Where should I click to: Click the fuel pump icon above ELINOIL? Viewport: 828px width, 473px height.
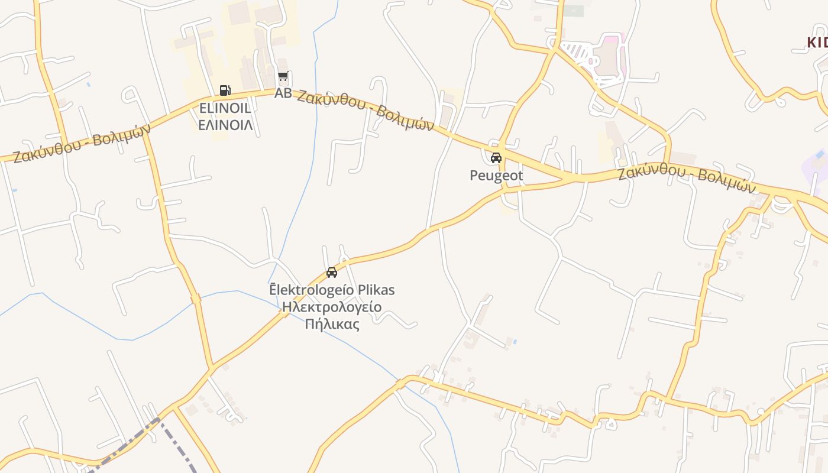tap(225, 90)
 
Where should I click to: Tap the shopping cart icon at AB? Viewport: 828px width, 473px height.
tap(283, 77)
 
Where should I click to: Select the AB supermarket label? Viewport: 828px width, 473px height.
tap(283, 93)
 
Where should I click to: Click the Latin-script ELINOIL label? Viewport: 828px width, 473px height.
tap(225, 109)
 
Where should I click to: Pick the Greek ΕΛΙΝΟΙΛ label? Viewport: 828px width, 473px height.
tap(225, 125)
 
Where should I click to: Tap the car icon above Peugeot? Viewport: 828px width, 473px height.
tap(496, 158)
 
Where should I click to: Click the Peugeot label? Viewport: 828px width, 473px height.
tap(496, 176)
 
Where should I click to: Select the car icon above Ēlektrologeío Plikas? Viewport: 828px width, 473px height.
tap(332, 273)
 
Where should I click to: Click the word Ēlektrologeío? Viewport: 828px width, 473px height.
tap(312, 290)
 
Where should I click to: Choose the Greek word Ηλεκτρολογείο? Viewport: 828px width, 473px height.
tap(332, 307)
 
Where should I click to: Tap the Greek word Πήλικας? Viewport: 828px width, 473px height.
tap(332, 324)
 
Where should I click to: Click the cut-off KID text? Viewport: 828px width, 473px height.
tap(817, 43)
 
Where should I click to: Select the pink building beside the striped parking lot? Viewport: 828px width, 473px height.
tap(609, 56)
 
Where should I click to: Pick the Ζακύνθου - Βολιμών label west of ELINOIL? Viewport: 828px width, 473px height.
tap(82, 143)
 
